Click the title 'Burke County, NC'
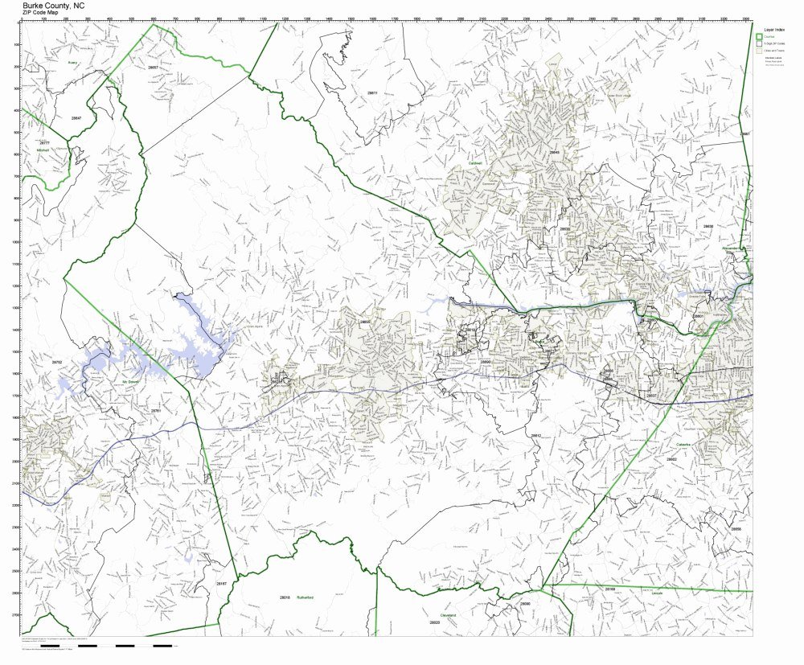pos(53,5)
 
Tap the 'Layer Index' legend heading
pos(768,29)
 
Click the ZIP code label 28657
pos(153,68)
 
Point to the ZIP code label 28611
pos(371,93)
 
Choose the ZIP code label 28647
pos(77,118)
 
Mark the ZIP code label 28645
pos(553,152)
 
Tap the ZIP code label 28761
pos(156,411)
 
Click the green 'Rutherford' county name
pos(304,597)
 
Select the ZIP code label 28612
pos(535,435)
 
